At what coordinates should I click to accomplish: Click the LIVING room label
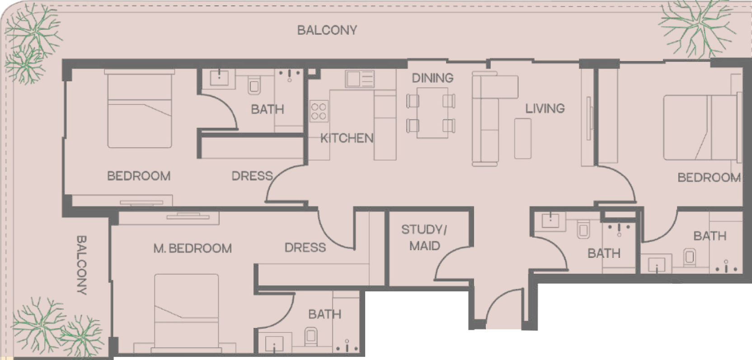point(545,108)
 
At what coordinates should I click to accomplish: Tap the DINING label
point(432,78)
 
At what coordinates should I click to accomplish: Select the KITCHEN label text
point(347,138)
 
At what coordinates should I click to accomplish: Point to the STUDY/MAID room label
point(424,238)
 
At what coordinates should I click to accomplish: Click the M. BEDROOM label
point(193,248)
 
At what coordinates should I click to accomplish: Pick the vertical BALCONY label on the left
point(82,265)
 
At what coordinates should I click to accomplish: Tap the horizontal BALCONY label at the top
point(327,30)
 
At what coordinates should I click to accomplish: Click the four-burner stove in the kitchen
point(319,111)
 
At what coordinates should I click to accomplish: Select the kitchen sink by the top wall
point(360,79)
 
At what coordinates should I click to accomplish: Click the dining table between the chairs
point(432,113)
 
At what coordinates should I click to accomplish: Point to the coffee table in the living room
point(523,138)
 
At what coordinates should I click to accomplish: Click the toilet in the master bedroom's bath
point(311,337)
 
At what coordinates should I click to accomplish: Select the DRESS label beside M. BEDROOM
point(305,248)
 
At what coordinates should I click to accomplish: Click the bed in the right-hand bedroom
point(700,127)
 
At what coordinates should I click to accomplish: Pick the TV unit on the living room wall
point(588,118)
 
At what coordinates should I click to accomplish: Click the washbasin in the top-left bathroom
point(219,78)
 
